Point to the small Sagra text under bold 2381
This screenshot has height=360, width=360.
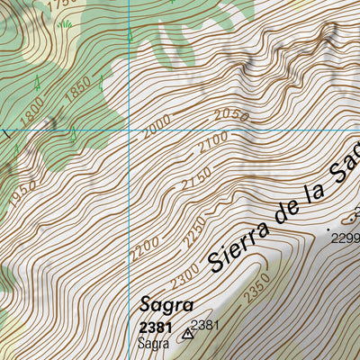coord(153,343)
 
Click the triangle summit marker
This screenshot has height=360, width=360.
coord(188,334)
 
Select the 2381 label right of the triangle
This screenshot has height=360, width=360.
coord(206,325)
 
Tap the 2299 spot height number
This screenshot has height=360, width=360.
coord(345,238)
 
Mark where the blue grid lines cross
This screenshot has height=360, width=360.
coord(131,129)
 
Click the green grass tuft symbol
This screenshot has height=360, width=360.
coord(64,23)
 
